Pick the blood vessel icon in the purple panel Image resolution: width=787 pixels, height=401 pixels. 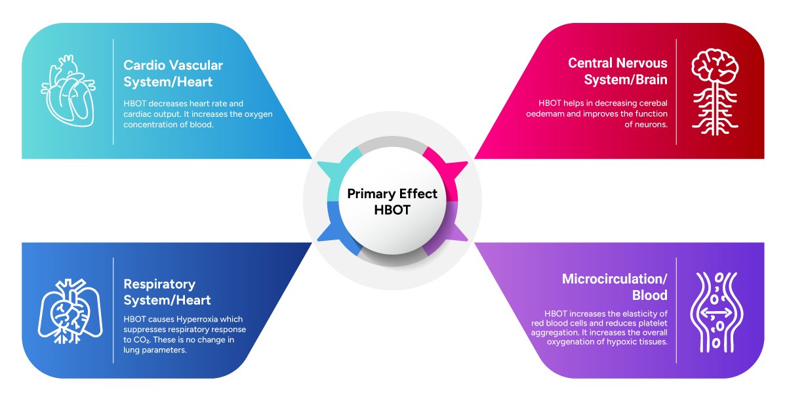pyautogui.click(x=716, y=311)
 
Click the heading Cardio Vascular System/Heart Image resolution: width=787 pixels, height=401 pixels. pyautogui.click(x=173, y=74)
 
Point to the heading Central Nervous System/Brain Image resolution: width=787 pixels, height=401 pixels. pyautogui.click(x=618, y=71)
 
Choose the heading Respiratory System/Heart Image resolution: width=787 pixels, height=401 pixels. pyautogui.click(x=167, y=292)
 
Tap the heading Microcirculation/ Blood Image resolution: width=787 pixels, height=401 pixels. pyautogui.click(x=615, y=287)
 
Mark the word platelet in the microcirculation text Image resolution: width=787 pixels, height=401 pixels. pyautogui.click(x=651, y=324)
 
